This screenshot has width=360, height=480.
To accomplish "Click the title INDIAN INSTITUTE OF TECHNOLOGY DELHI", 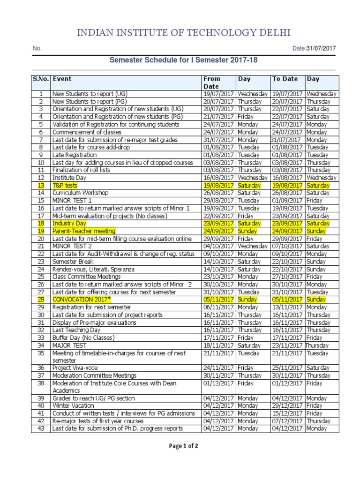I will (180, 32).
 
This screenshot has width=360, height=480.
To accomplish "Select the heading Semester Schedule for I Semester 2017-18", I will (183, 60).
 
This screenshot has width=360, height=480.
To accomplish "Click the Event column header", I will (62, 79).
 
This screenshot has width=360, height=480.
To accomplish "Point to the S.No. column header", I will (41, 79).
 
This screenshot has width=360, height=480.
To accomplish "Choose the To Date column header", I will (285, 79).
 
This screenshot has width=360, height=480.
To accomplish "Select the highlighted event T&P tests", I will (65, 186).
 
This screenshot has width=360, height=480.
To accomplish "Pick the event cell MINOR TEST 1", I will (72, 201).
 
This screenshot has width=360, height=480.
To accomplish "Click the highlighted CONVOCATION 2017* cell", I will (82, 300).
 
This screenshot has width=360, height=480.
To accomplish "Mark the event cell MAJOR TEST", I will (69, 345).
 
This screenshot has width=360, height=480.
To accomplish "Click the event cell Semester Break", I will (74, 262).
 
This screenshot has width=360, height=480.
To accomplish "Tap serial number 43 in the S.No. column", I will (41, 428).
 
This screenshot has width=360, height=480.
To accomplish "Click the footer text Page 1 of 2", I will (184, 446).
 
